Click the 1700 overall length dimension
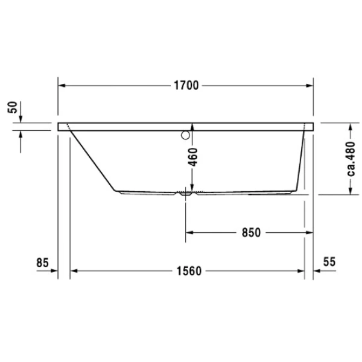(186, 85)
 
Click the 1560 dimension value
(189, 271)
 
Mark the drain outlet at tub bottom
(185, 194)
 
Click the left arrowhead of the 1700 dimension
(62, 85)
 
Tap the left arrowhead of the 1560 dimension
(75, 271)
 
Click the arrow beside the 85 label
(51, 271)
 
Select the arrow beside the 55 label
(319, 271)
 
